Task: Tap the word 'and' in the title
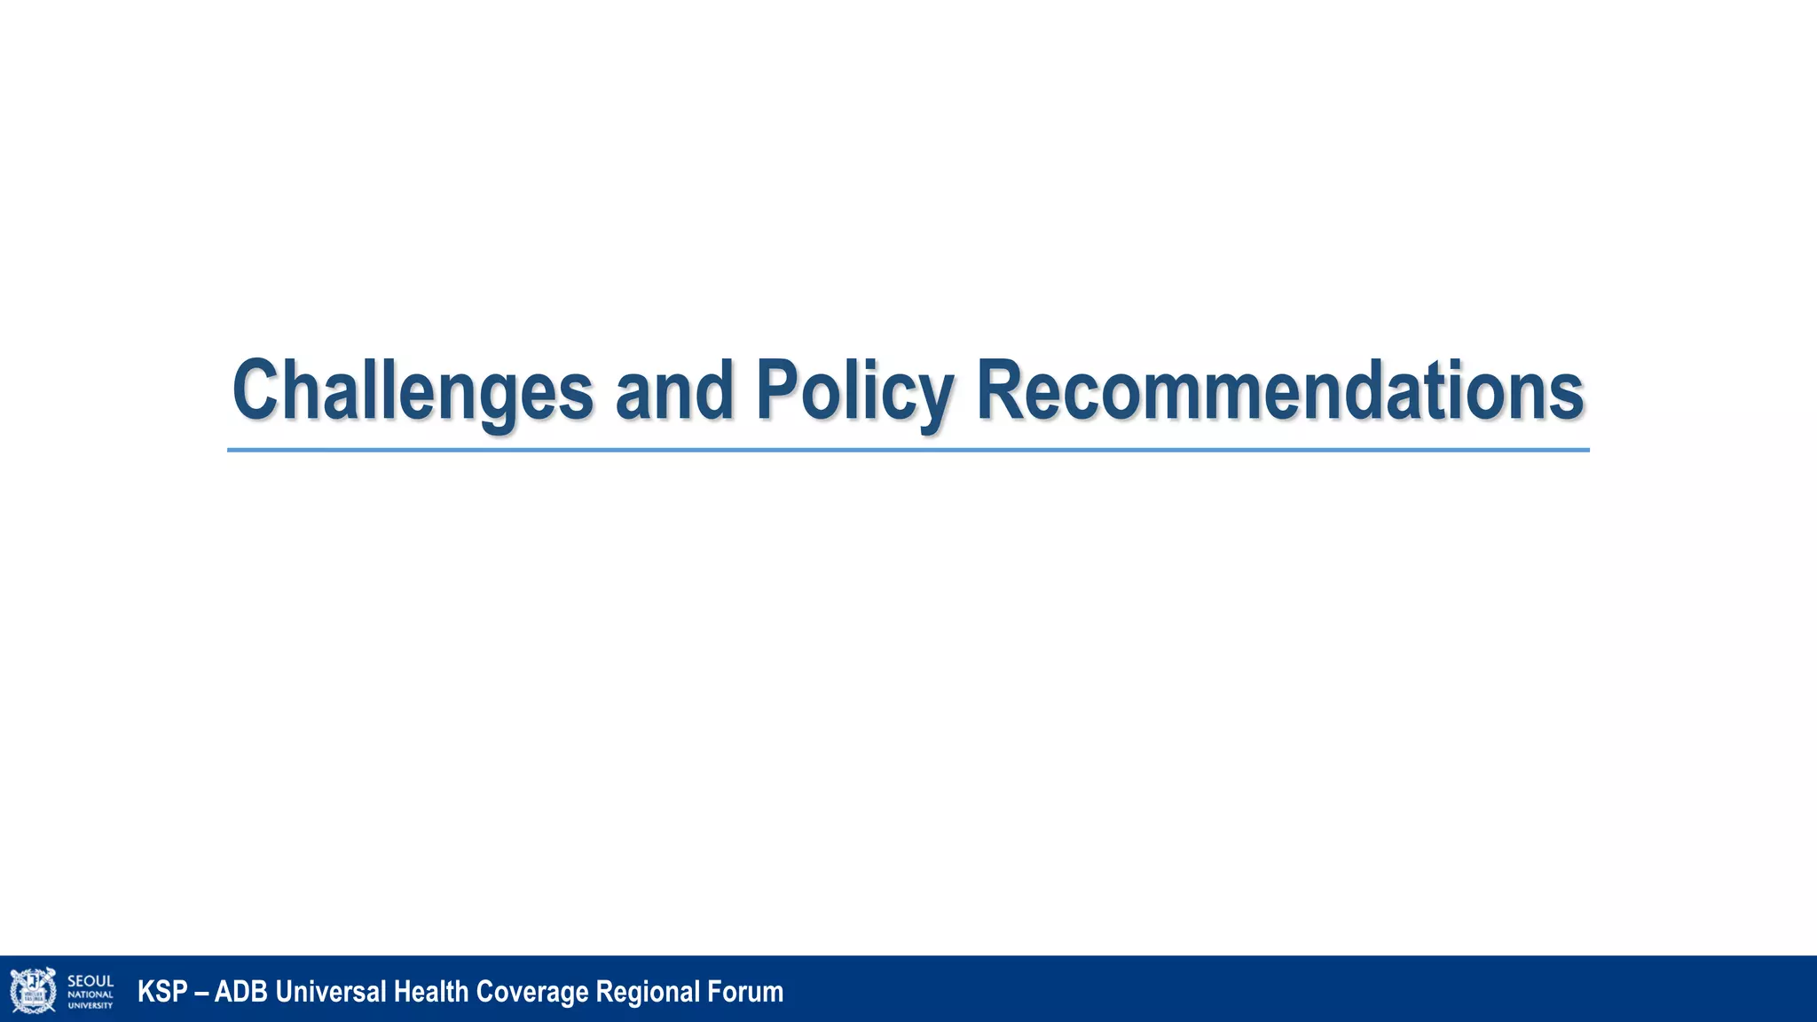[674, 390]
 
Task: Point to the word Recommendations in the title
[1279, 390]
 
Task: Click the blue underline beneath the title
[908, 450]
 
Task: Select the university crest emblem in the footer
[33, 990]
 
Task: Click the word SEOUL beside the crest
[90, 981]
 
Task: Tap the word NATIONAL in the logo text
[90, 994]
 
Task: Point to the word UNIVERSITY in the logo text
[90, 1005]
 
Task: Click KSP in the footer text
[161, 991]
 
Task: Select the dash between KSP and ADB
[201, 992]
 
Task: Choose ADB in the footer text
[240, 991]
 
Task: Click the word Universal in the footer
[330, 991]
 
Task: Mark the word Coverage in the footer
[532, 991]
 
